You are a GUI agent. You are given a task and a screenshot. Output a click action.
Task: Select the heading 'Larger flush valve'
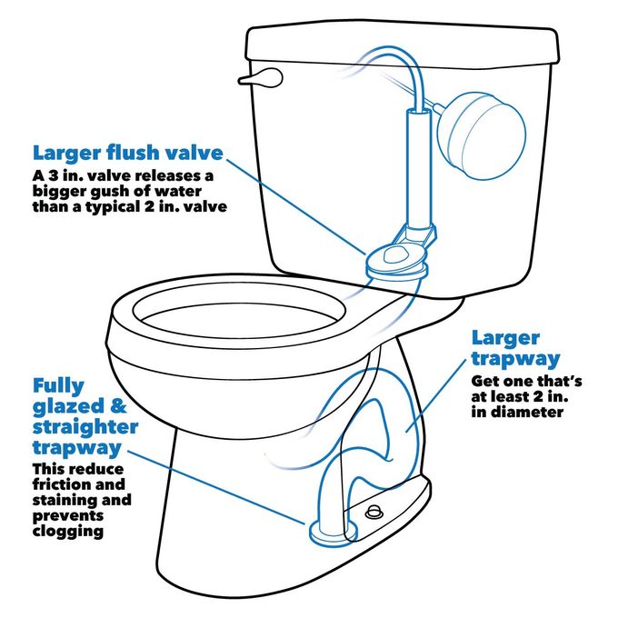pos(126,153)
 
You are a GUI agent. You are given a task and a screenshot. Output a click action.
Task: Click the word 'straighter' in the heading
pos(85,426)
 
